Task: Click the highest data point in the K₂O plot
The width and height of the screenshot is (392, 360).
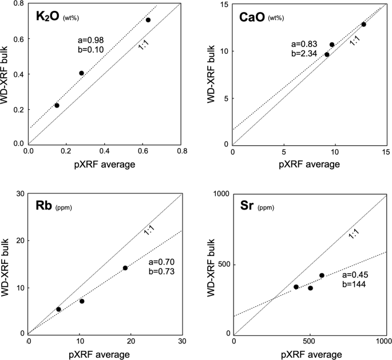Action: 148,20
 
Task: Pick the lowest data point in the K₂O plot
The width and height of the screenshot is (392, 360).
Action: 57,105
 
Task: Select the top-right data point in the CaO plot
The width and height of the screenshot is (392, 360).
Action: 363,24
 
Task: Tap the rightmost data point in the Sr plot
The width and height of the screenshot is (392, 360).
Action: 322,275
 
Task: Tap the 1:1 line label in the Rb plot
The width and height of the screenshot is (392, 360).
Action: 149,231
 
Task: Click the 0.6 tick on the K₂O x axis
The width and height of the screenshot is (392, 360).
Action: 144,151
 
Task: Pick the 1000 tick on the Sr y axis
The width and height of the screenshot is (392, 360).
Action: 220,194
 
